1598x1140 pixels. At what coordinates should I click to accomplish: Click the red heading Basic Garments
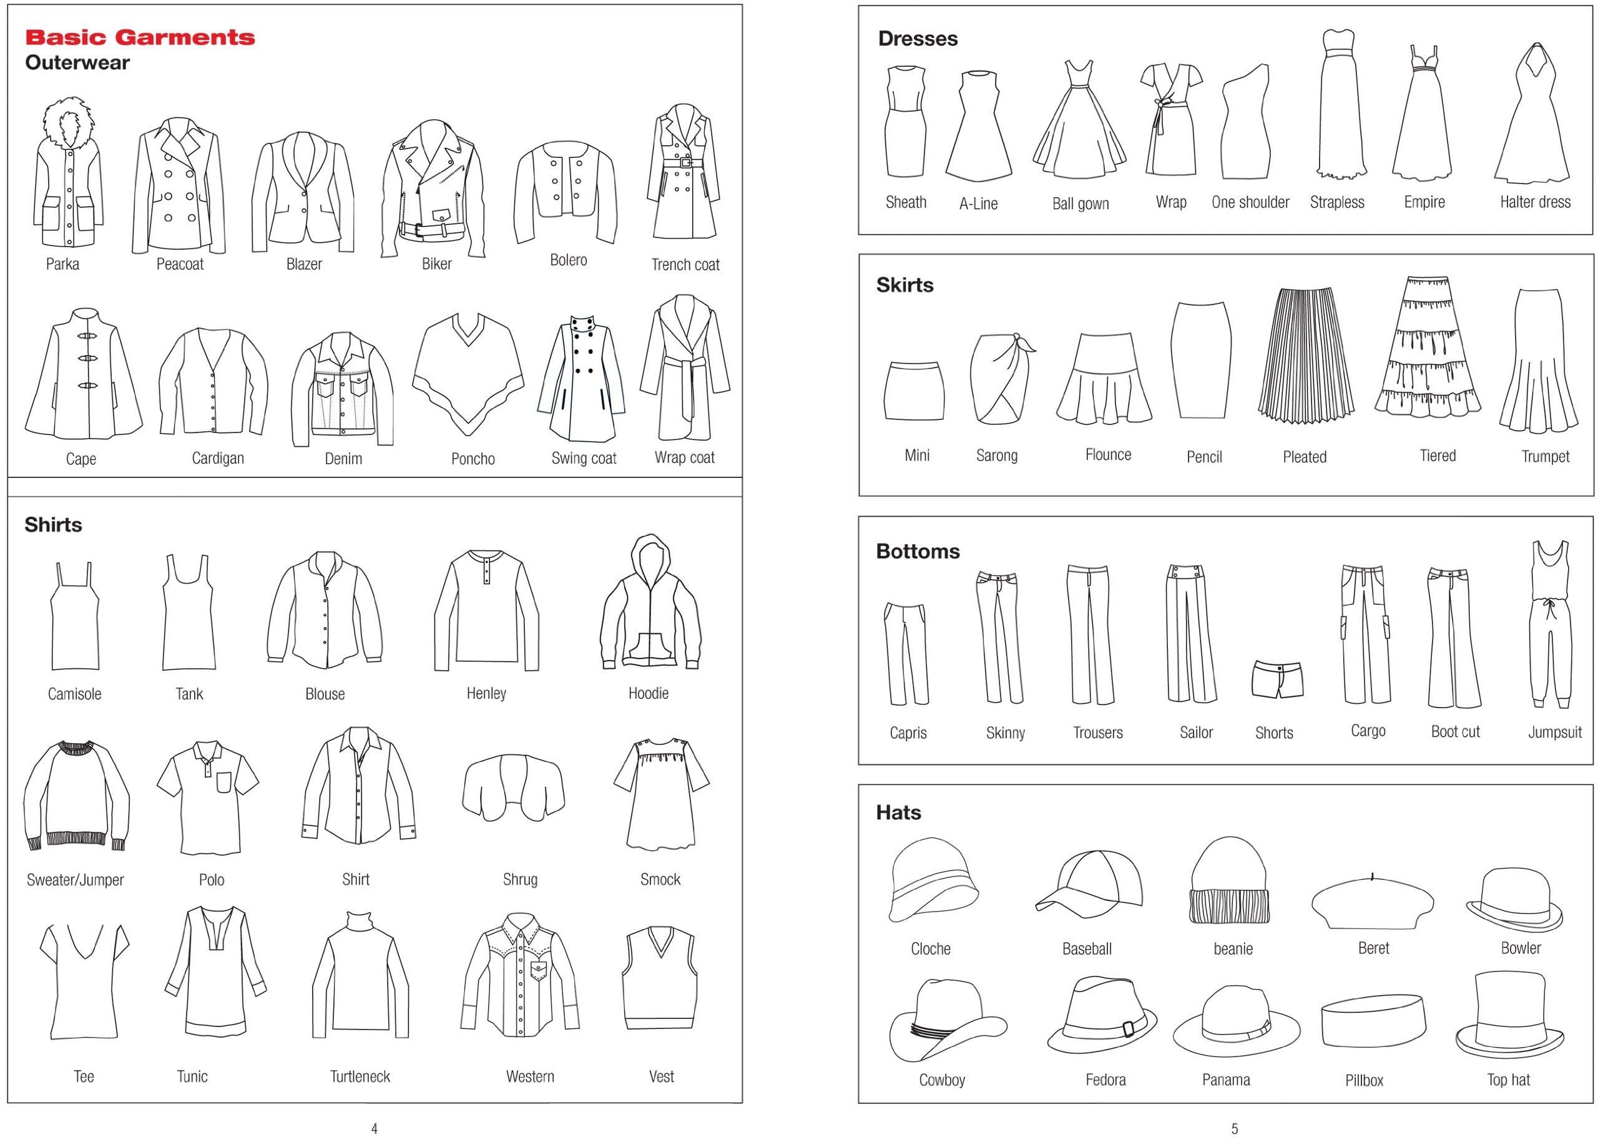140,37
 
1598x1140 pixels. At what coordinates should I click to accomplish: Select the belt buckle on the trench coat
687,163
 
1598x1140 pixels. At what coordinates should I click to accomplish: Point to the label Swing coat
584,459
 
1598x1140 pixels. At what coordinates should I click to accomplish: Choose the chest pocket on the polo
223,782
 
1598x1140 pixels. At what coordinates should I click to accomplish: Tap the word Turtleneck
360,1076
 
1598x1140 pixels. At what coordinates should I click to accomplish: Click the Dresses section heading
918,39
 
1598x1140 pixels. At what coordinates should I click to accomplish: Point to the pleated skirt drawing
1305,357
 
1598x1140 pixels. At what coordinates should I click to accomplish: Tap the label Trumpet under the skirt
1546,456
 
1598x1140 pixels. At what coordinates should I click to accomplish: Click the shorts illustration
1277,679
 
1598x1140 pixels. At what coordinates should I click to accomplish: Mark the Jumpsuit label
1554,732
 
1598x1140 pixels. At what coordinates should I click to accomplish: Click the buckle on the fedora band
1129,1028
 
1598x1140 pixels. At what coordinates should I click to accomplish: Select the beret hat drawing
1373,902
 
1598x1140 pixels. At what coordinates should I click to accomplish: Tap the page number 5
1234,1129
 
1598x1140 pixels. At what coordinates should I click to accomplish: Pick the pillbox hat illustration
1373,1023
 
